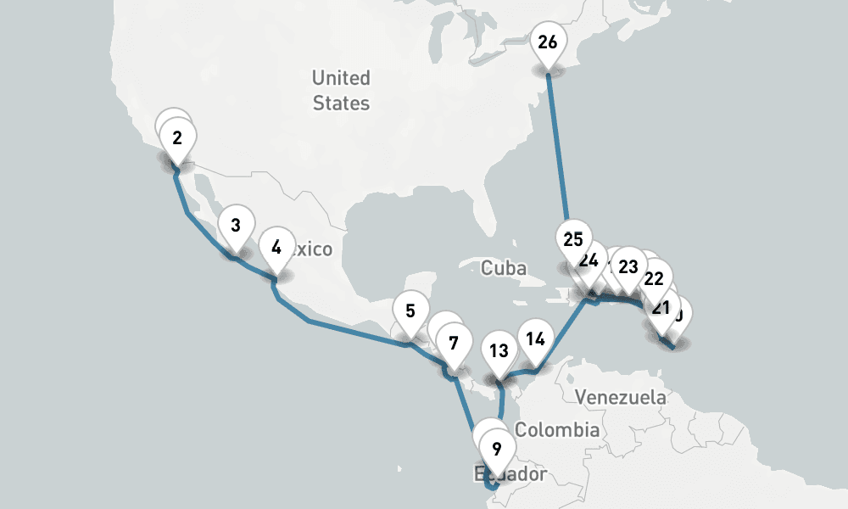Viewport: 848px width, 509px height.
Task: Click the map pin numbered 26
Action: [548, 42]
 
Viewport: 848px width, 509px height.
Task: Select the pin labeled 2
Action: [177, 138]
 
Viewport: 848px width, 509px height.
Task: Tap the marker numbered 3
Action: [235, 226]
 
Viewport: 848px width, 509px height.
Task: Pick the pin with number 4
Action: [276, 248]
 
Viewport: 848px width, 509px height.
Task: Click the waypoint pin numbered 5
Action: [410, 310]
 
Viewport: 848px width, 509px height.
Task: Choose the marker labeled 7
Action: [454, 344]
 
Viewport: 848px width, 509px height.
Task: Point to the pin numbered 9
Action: [497, 449]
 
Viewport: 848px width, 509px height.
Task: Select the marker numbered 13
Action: [499, 351]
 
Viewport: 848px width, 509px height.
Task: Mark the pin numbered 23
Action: [628, 266]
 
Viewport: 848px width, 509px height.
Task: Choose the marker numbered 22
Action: [654, 278]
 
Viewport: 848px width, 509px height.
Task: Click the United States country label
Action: [341, 91]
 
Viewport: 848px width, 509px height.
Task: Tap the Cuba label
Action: [504, 268]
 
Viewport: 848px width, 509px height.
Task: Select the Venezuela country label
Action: [621, 397]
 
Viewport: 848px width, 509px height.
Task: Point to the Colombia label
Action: [557, 430]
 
